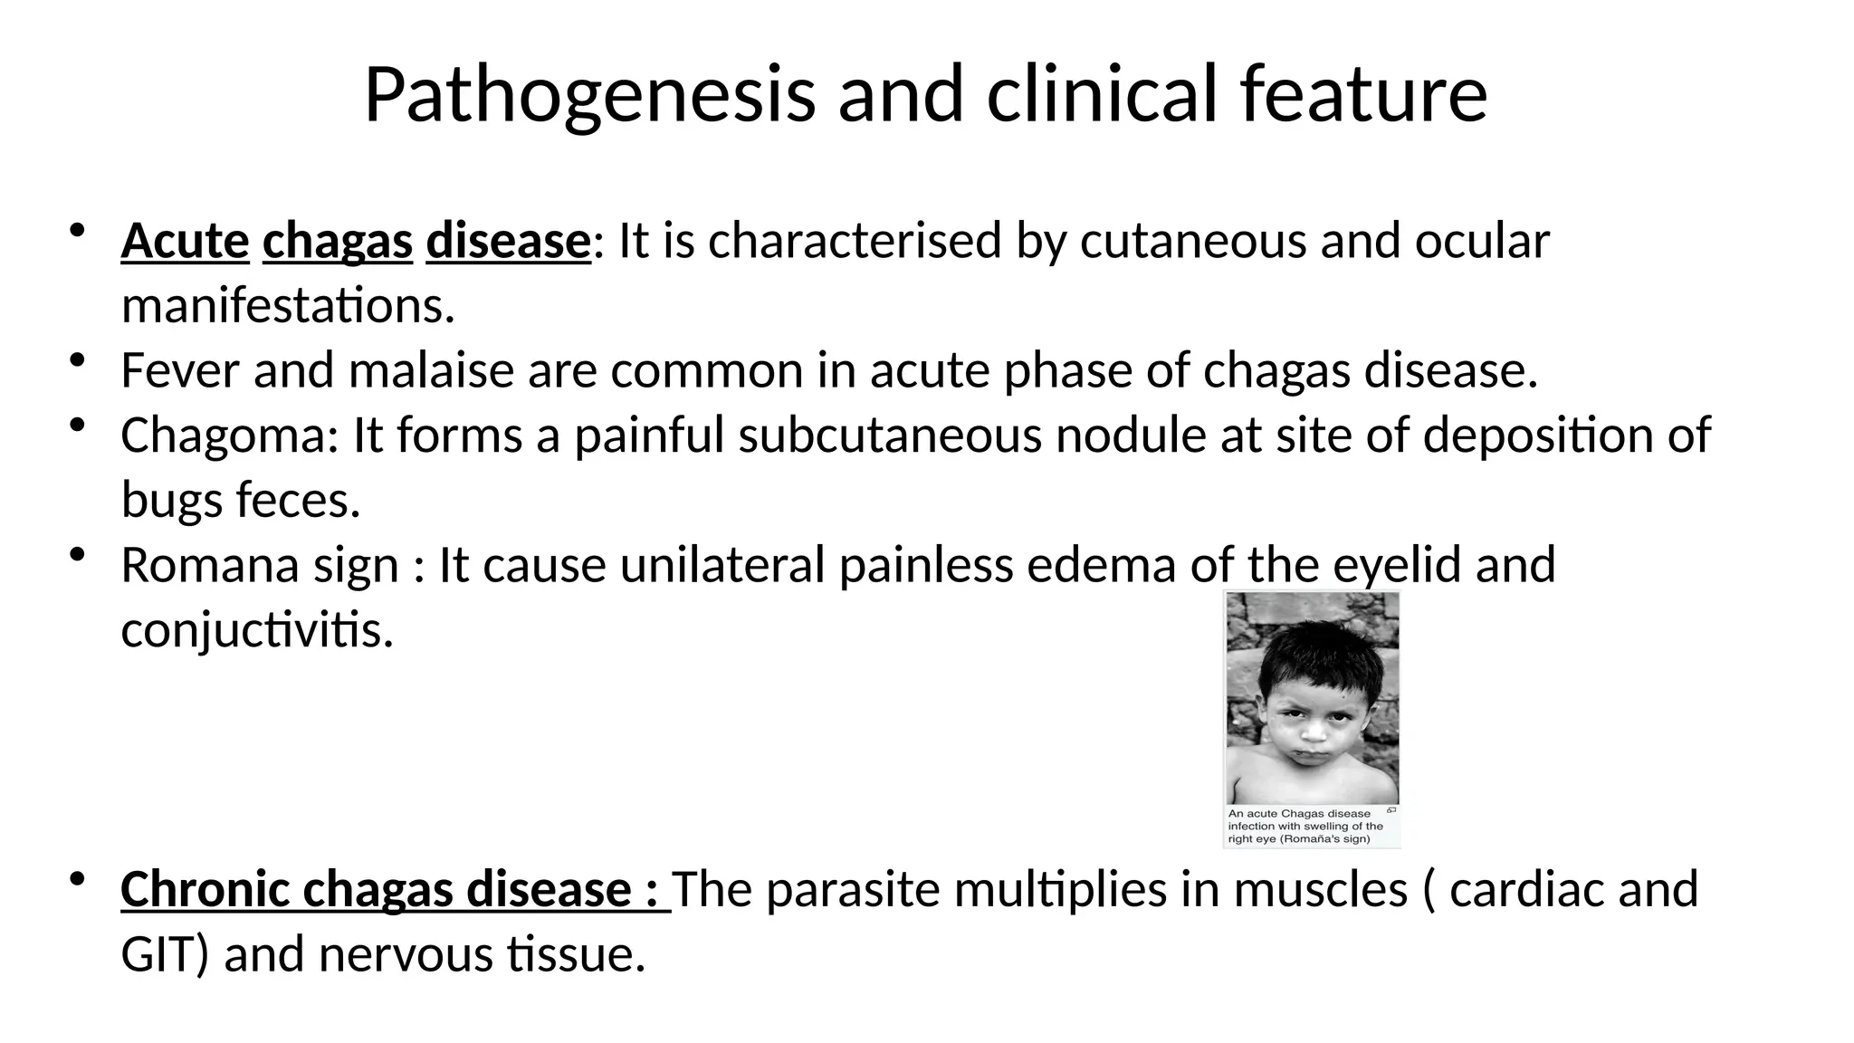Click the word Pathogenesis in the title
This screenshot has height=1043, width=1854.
[589, 96]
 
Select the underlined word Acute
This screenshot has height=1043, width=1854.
[185, 241]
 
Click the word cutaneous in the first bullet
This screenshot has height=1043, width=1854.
[1193, 241]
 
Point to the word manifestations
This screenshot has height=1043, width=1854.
[287, 306]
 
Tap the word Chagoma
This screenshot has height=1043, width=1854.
[229, 435]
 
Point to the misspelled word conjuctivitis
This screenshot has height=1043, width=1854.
[257, 630]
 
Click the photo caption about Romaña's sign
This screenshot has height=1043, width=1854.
[1305, 826]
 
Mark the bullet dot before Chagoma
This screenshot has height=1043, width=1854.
[77, 426]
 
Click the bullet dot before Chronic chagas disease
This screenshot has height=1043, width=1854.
[77, 879]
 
